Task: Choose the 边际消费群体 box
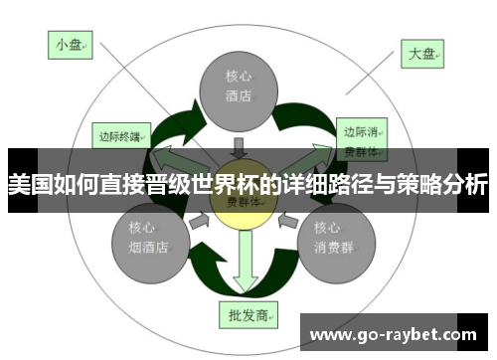click(x=361, y=138)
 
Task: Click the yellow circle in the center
click(x=238, y=199)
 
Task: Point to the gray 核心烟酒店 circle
click(x=147, y=240)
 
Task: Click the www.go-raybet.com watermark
click(x=399, y=333)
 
